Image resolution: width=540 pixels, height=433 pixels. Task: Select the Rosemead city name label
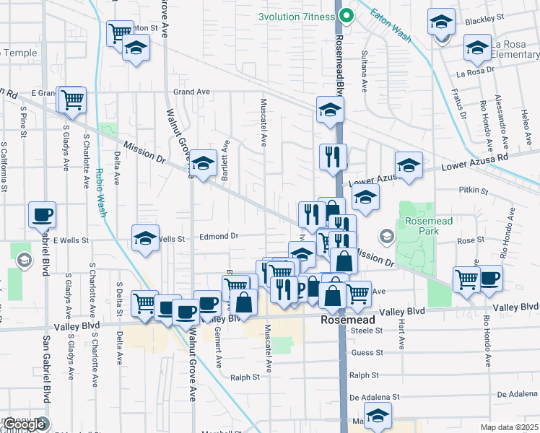(x=349, y=318)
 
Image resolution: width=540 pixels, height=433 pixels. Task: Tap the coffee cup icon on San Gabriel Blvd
(x=42, y=214)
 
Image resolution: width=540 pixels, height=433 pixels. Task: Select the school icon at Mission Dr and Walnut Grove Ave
(x=204, y=163)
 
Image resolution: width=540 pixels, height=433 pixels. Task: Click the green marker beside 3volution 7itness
(x=346, y=15)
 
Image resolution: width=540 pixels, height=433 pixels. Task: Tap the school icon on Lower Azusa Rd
(x=409, y=165)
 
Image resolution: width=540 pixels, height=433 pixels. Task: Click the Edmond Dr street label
(x=219, y=236)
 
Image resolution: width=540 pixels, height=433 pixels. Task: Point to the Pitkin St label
(x=474, y=192)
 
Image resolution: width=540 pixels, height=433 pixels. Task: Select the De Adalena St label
(x=374, y=397)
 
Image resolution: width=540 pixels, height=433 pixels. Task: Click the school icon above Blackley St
(x=440, y=22)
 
